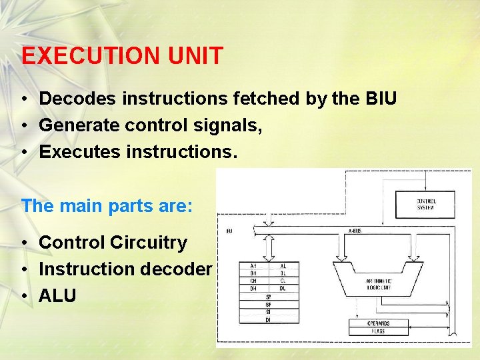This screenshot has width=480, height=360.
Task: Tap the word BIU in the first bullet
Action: point(381,99)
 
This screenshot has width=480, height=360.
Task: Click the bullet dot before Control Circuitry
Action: point(23,243)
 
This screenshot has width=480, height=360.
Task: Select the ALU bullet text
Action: point(58,295)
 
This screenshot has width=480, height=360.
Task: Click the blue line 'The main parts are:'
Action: point(107,205)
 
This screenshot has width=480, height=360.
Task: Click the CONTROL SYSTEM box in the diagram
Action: point(425,204)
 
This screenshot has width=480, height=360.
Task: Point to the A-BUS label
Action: point(355,231)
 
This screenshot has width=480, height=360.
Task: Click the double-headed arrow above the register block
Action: point(269,247)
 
